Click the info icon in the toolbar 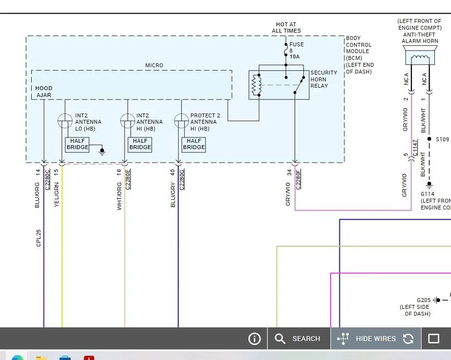254,339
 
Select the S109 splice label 442,139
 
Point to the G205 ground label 424,300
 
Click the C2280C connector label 47,180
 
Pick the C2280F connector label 298,180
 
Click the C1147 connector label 415,148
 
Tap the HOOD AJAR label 44,92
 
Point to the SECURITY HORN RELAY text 323,79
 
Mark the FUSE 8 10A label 296,50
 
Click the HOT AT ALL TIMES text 286,28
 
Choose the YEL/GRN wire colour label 56,194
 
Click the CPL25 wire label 38,238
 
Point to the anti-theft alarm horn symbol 420,56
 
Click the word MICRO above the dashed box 154,65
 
